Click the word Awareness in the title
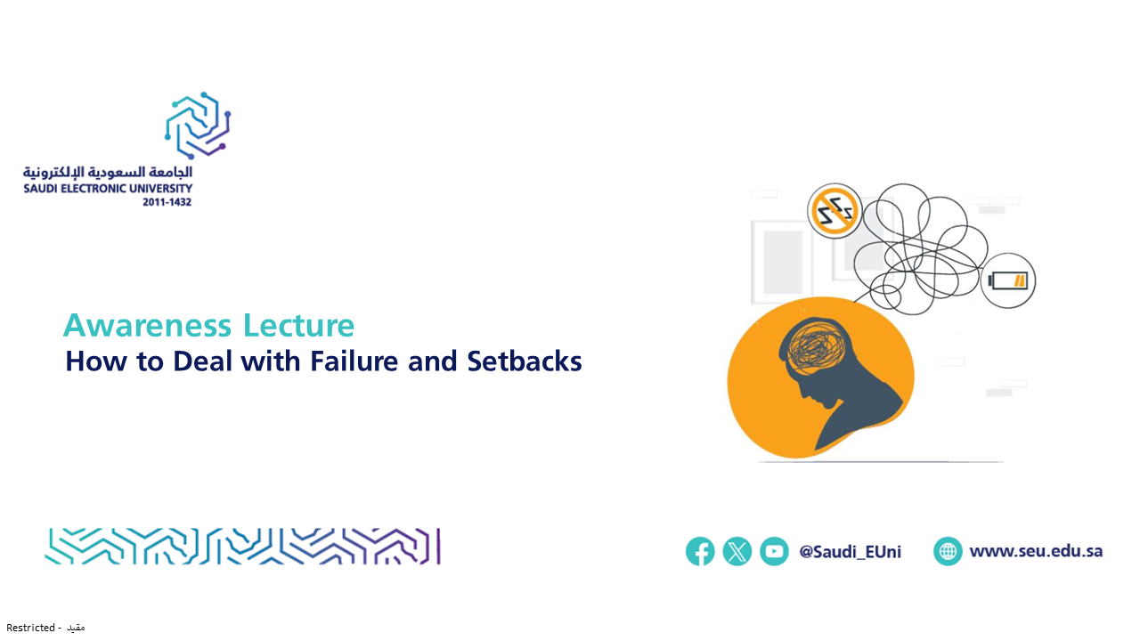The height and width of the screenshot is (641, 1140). point(147,325)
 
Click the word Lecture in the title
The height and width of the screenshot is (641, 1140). point(298,325)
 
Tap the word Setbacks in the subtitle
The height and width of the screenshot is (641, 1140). point(525,361)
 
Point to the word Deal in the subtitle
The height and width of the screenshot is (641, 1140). point(203,361)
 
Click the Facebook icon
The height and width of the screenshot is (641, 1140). point(700,551)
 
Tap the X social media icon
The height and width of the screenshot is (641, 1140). point(737,551)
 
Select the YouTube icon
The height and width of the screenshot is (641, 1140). point(774,551)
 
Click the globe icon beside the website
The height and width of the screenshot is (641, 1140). point(948,551)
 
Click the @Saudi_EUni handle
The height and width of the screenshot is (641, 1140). point(850,552)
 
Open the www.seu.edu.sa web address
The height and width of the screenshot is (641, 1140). point(1036,551)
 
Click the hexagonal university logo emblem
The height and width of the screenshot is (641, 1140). point(198,126)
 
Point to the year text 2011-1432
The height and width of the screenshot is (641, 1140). point(167,202)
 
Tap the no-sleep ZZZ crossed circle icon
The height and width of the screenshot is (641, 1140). point(835,211)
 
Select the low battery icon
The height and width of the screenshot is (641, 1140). point(1007,280)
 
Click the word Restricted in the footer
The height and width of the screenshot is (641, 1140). point(30,628)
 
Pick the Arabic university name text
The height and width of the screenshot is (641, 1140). point(108,173)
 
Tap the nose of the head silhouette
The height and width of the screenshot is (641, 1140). point(800,391)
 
